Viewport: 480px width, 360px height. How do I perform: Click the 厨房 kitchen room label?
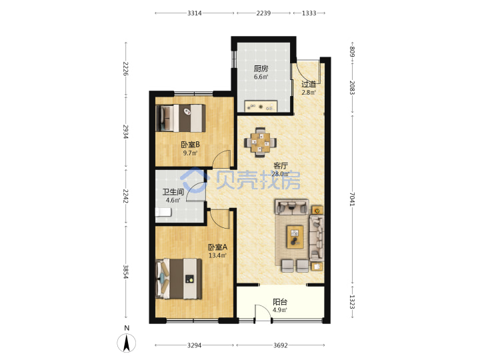coord(261,69)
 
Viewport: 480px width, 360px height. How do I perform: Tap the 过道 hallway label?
coord(309,84)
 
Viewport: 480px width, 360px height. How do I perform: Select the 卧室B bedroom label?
coord(191,144)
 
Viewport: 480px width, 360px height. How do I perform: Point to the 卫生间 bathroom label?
coord(173,192)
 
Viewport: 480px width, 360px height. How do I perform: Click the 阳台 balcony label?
coord(280,302)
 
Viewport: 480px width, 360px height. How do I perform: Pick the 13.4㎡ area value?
coord(217,255)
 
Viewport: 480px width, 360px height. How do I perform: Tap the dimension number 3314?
coord(195,13)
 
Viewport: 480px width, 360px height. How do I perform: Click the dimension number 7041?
coord(352,199)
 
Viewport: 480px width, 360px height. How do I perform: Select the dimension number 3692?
coord(281,345)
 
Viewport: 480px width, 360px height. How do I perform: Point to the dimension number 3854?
coord(125,272)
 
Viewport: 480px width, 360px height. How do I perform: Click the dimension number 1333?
coord(309,13)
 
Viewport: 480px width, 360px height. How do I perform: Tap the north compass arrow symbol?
coord(127,343)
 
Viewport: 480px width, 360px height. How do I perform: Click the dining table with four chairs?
coord(260,143)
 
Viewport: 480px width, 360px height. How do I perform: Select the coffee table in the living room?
coord(295,236)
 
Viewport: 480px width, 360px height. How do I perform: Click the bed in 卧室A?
coord(179,279)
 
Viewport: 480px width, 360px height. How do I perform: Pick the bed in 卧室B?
coord(181,118)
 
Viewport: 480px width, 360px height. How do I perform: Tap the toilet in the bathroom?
coord(163,212)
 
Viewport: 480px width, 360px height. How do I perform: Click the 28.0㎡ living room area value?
coord(281,174)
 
